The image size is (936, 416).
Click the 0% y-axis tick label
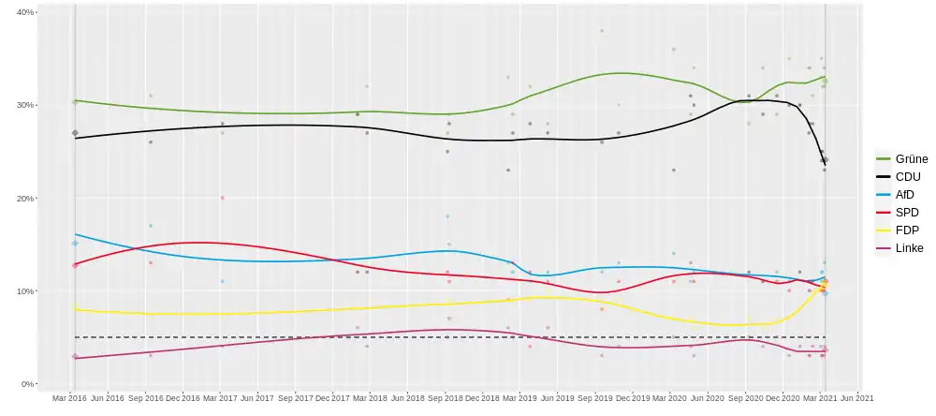(x=27, y=384)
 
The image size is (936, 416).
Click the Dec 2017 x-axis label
(x=331, y=399)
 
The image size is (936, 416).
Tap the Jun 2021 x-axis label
(x=856, y=399)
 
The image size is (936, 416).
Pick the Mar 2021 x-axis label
(x=819, y=399)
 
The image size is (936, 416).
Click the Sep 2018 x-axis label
(x=445, y=399)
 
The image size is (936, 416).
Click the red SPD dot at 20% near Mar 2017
(x=222, y=198)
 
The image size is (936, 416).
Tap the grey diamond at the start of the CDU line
(x=75, y=133)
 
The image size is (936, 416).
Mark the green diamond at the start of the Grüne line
(x=75, y=101)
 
